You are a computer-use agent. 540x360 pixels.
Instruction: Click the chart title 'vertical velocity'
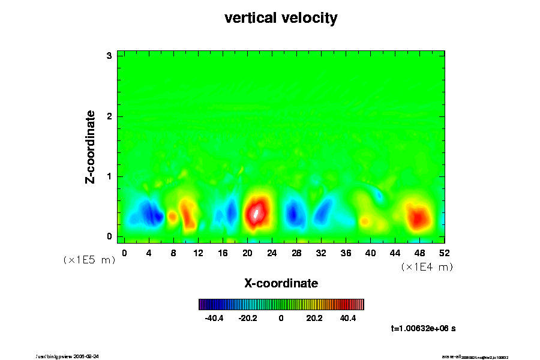pyautogui.click(x=281, y=19)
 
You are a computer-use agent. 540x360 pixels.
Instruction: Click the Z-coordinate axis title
pyautogui.click(x=91, y=146)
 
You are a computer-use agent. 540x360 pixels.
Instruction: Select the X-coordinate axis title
pyautogui.click(x=281, y=283)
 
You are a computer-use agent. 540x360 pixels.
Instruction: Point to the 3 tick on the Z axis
pyautogui.click(x=110, y=56)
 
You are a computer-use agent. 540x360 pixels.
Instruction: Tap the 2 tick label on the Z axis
pyautogui.click(x=110, y=116)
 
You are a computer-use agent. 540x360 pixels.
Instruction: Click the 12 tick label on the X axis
pyautogui.click(x=198, y=253)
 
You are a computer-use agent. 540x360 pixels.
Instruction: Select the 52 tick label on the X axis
pyautogui.click(x=444, y=253)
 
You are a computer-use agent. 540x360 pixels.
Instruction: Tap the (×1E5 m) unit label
pyautogui.click(x=89, y=260)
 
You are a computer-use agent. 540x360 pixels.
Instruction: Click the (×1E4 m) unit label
pyautogui.click(x=427, y=267)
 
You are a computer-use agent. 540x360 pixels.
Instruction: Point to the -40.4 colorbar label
pyautogui.click(x=214, y=318)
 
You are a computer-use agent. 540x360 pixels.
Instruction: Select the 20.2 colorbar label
pyautogui.click(x=314, y=318)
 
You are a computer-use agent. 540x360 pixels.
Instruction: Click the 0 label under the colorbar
pyautogui.click(x=281, y=318)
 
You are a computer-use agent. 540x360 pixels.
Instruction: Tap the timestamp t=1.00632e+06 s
pyautogui.click(x=423, y=328)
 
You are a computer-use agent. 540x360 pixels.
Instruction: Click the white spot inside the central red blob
pyautogui.click(x=256, y=212)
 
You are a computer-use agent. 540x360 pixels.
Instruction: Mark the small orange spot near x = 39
pyautogui.click(x=365, y=221)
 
